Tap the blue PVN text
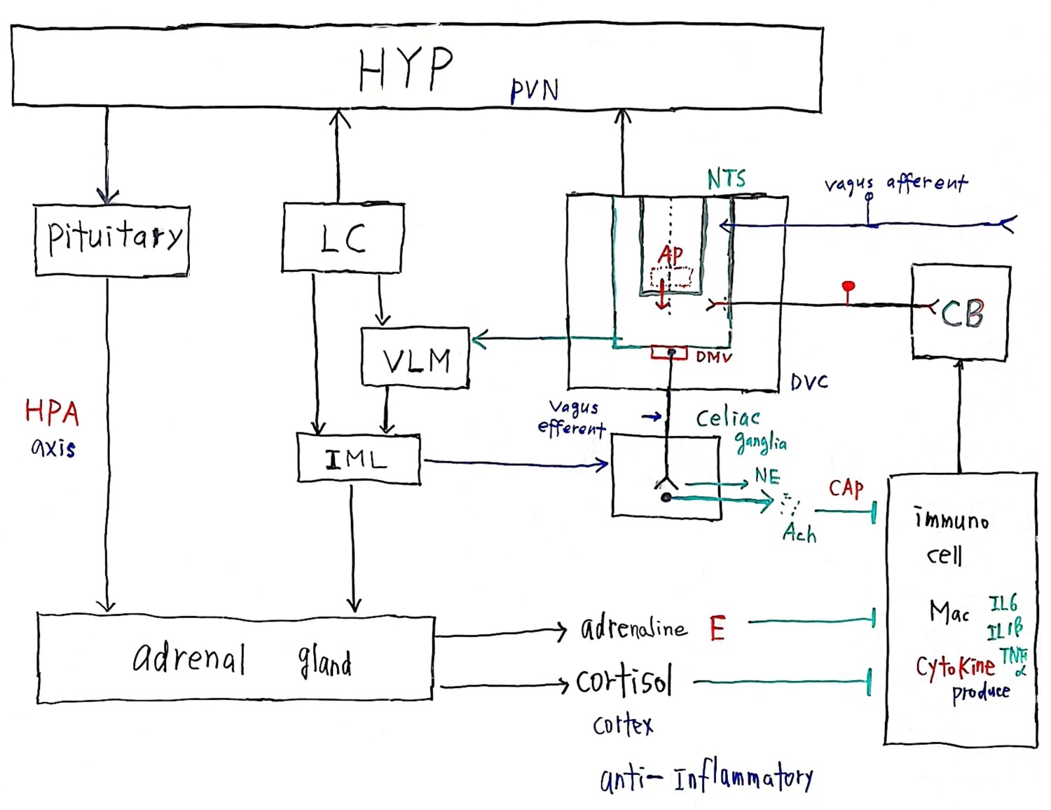coord(534,90)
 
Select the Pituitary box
coord(112,240)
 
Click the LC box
coord(343,237)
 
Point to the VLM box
coord(415,358)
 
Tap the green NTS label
coord(727,179)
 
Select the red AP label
coord(671,255)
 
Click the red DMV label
coord(714,357)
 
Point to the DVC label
coord(809,382)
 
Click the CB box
coord(961,313)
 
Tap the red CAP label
coord(846,488)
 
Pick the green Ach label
coord(799,534)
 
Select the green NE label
coord(767,476)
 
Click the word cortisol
coord(624,681)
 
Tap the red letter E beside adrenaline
coord(717,628)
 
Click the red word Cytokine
coord(955,667)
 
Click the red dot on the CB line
coord(848,287)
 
